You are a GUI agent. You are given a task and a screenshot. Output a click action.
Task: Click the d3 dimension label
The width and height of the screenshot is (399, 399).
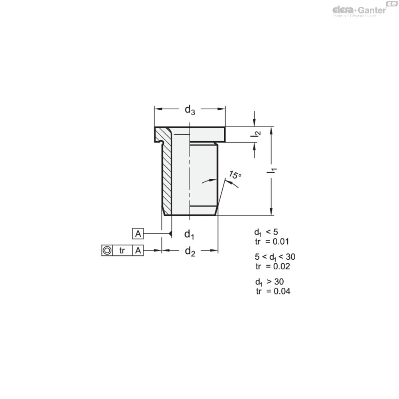pos(190,110)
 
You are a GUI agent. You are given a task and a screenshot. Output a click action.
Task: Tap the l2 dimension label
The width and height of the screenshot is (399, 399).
pos(255,134)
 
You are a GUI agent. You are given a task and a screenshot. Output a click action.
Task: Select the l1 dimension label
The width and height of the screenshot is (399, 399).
pos(271,171)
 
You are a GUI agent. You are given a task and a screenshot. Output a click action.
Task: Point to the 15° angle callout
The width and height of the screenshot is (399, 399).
pos(235,175)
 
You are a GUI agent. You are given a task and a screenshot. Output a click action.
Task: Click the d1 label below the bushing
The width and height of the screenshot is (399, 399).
pos(189,234)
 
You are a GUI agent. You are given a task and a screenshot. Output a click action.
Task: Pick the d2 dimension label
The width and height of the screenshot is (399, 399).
pos(190,251)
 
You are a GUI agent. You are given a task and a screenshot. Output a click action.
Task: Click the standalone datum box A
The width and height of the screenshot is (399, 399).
pos(138,233)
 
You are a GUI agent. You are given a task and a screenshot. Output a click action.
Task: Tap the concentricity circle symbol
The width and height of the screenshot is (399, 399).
pos(107,251)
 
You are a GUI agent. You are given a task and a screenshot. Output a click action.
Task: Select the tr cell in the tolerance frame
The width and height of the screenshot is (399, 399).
pos(122,251)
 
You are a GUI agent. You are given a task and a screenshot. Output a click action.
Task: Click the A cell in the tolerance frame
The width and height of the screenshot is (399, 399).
pos(138,251)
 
